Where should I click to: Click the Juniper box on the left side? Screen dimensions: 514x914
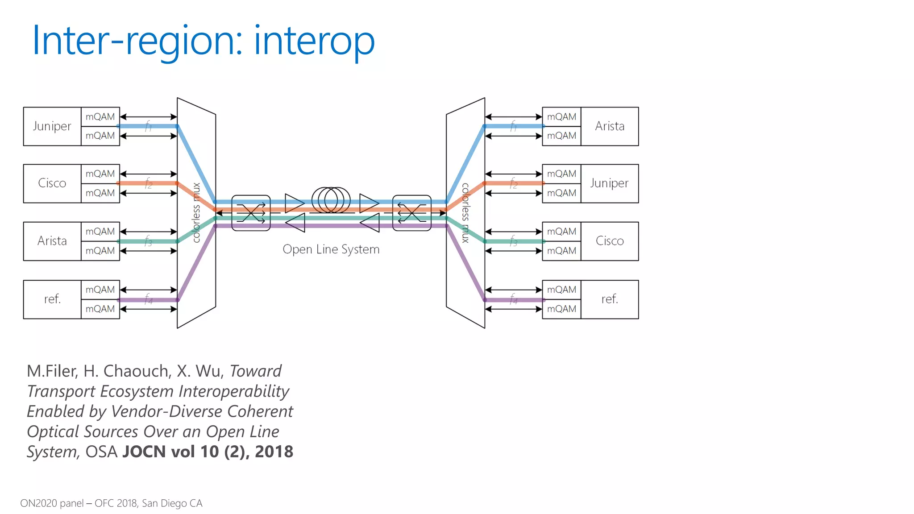pyautogui.click(x=52, y=126)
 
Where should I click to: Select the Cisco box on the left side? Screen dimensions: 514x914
pyautogui.click(x=52, y=183)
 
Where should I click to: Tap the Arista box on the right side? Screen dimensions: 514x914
pyautogui.click(x=610, y=126)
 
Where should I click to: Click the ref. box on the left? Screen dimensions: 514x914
pyautogui.click(x=52, y=299)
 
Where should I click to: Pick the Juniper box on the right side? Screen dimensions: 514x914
pyautogui.click(x=610, y=183)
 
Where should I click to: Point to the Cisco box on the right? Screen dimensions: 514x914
pyautogui.click(x=610, y=241)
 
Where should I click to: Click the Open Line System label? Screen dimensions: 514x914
pyautogui.click(x=331, y=249)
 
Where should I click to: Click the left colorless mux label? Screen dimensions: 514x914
pyautogui.click(x=196, y=213)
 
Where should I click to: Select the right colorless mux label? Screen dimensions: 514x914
pyautogui.click(x=465, y=213)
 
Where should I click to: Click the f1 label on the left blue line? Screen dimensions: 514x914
pyautogui.click(x=149, y=126)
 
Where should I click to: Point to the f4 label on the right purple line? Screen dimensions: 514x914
pyautogui.click(x=514, y=299)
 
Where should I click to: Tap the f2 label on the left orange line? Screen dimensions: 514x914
pyautogui.click(x=149, y=183)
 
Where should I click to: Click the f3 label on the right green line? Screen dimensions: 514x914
pyautogui.click(x=514, y=241)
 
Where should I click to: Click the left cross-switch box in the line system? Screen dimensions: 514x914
pyautogui.click(x=251, y=213)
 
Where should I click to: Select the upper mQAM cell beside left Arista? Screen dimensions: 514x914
pyautogui.click(x=100, y=232)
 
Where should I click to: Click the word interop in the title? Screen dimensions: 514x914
pyautogui.click(x=315, y=41)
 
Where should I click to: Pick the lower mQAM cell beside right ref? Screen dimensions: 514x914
pyautogui.click(x=561, y=309)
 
